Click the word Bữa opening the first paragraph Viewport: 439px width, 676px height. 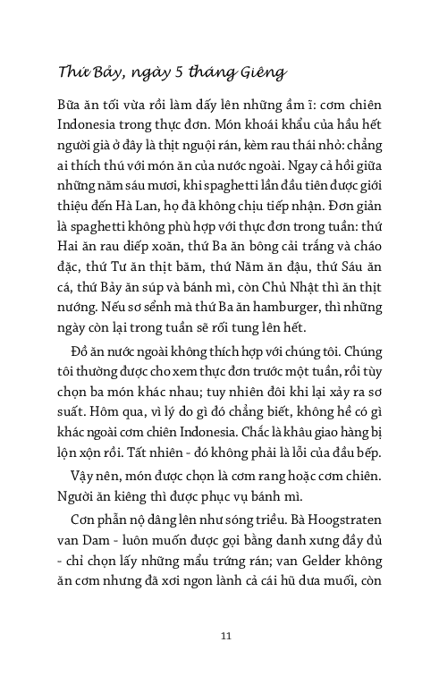pos(71,116)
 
